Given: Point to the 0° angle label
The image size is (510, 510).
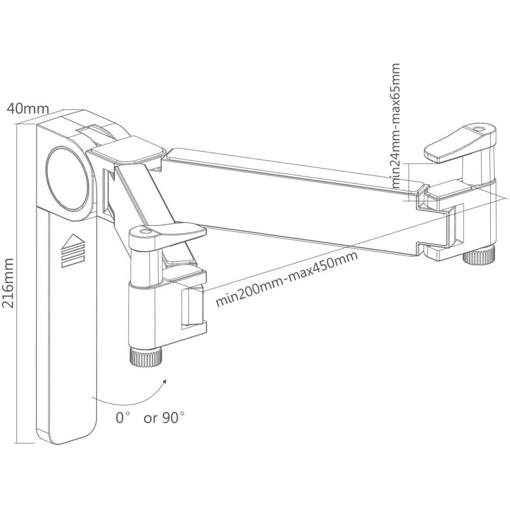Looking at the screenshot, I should click(121, 418).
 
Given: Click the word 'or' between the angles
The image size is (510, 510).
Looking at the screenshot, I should click(150, 419).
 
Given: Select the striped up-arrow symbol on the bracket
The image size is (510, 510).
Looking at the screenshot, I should click(72, 250).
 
